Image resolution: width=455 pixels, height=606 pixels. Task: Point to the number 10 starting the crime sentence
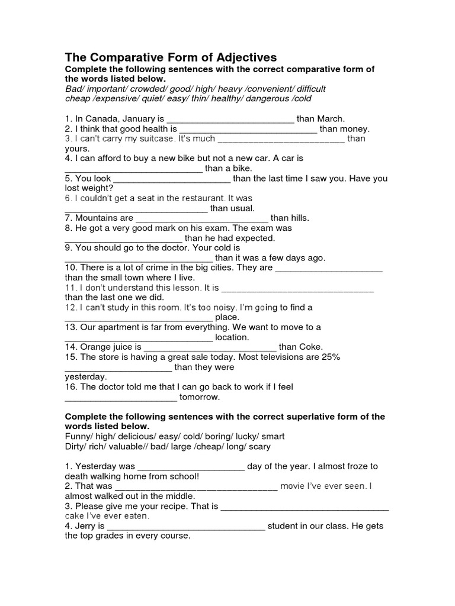click(x=71, y=267)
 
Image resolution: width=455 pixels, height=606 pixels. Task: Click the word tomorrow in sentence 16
click(x=203, y=397)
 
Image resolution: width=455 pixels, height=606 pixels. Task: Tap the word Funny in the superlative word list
click(x=78, y=437)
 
